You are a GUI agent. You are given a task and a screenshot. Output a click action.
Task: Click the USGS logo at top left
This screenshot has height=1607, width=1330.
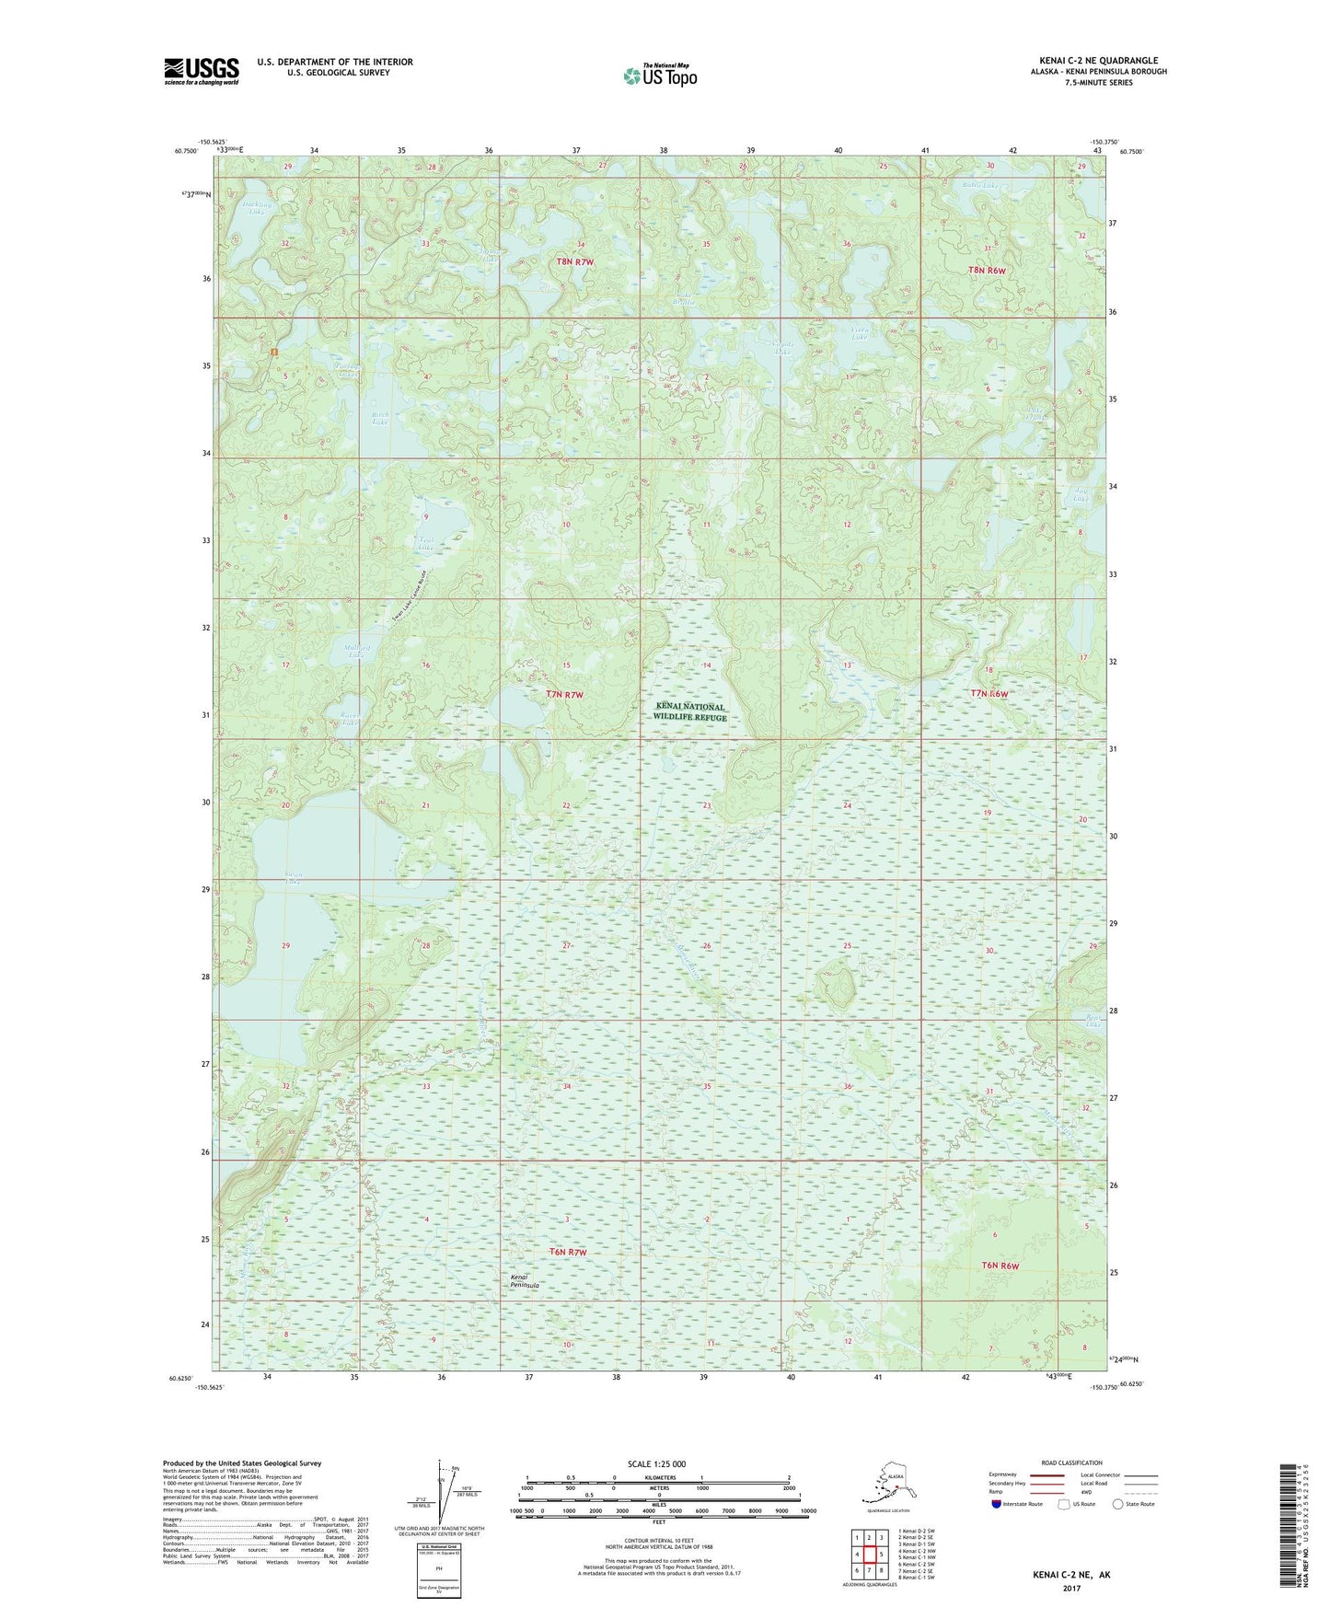tap(201, 71)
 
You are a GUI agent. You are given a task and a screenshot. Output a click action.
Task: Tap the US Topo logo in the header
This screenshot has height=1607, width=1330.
tap(659, 75)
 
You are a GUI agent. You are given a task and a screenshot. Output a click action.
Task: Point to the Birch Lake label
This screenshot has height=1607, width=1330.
tap(379, 419)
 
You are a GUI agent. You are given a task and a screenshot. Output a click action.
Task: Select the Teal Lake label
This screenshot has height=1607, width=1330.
tap(425, 544)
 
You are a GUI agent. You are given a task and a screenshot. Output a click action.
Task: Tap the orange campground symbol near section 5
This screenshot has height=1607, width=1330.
tap(273, 352)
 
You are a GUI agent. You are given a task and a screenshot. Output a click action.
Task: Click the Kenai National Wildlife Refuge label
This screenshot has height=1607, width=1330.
tap(690, 711)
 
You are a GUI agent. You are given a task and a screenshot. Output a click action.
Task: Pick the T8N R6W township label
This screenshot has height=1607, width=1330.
tap(987, 271)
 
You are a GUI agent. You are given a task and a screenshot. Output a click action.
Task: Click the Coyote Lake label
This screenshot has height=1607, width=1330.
tap(782, 348)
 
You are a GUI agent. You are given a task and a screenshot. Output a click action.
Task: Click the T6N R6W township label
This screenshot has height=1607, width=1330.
tap(1000, 1266)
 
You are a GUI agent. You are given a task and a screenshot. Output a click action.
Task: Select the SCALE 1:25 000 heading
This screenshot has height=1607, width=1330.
tap(657, 1464)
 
